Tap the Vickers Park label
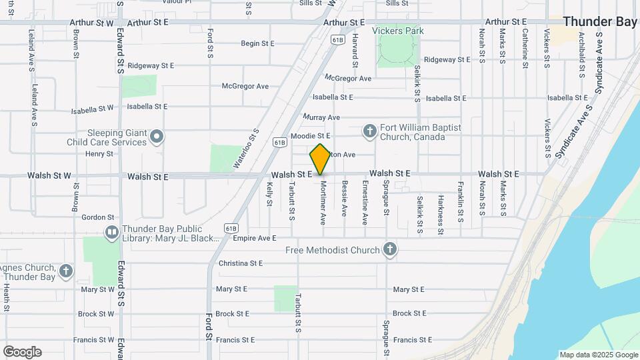pos(398,31)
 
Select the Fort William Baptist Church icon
pos(370,131)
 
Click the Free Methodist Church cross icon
pos(390,250)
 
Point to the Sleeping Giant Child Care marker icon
pos(157,137)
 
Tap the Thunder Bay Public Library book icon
pos(111,233)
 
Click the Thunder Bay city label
pos(600,21)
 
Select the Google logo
pos(22,352)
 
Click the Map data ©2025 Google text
pos(598,355)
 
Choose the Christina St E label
pos(241,263)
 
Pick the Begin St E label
pos(258,43)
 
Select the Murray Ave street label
pos(321,117)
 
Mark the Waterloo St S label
pos(245,148)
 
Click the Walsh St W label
pos(49,176)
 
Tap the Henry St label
pos(100,154)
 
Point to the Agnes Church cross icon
pos(65,271)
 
